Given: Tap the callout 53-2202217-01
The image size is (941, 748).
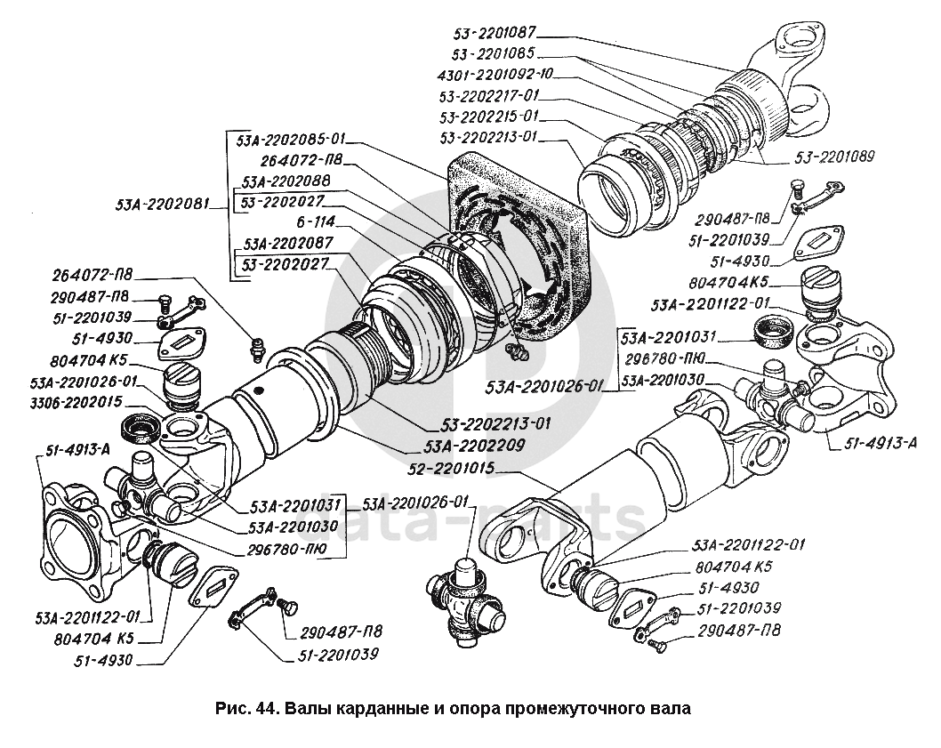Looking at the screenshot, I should coord(488,94).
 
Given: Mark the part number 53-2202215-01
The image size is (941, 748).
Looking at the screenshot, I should coord(488,117).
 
